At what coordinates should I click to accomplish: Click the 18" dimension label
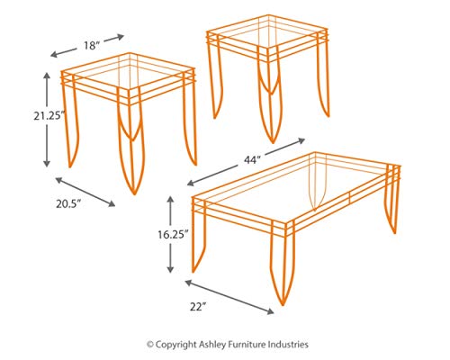pyautogui.click(x=92, y=46)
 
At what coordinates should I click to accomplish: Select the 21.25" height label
pyautogui.click(x=49, y=116)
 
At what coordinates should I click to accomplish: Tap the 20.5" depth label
pyautogui.click(x=68, y=204)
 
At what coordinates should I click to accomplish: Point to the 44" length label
pyautogui.click(x=251, y=160)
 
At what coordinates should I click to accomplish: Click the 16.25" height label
pyautogui.click(x=173, y=234)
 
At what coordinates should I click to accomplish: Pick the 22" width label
pyautogui.click(x=198, y=307)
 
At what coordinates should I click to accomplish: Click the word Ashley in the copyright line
pyautogui.click(x=211, y=344)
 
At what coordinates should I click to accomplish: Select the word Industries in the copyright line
pyautogui.click(x=288, y=344)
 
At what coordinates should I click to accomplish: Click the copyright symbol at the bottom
pyautogui.click(x=150, y=345)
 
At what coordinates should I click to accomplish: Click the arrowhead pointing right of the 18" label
pyautogui.click(x=121, y=37)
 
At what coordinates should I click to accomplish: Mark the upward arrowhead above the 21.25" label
pyautogui.click(x=47, y=76)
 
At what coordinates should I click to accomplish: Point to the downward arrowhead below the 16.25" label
pyautogui.click(x=170, y=269)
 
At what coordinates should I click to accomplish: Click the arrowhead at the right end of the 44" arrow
pyautogui.click(x=301, y=140)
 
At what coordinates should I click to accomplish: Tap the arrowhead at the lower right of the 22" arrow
pyautogui.click(x=270, y=311)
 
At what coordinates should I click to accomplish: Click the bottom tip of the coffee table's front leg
pyautogui.click(x=283, y=305)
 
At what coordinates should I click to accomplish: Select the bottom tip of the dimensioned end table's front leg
pyautogui.click(x=134, y=193)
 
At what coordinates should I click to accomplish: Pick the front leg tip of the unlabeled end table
pyautogui.click(x=273, y=142)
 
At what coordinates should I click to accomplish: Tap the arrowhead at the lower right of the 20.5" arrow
pyautogui.click(x=112, y=204)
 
